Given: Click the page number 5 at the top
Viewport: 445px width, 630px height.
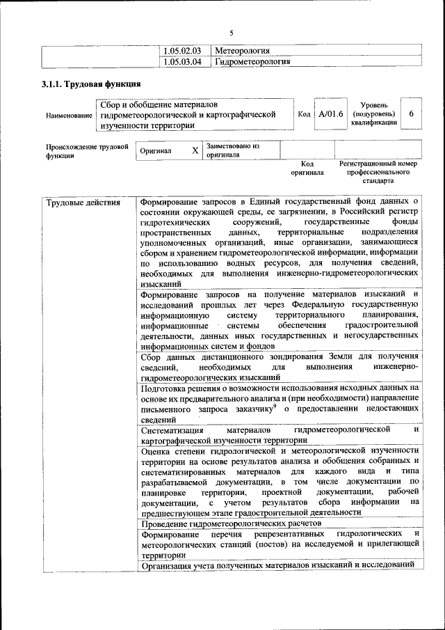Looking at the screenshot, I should [x=232, y=33].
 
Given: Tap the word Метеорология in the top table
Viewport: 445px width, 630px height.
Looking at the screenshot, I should [x=243, y=51].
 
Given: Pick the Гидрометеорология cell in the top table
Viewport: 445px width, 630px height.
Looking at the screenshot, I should [x=252, y=62].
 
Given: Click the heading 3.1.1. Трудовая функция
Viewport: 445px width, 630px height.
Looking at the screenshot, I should [x=87, y=86].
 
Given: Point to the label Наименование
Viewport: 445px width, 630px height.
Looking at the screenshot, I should [x=69, y=115].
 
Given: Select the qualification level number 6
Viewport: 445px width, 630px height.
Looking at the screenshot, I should [x=412, y=114].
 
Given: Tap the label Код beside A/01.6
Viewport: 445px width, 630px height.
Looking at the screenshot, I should [x=304, y=114].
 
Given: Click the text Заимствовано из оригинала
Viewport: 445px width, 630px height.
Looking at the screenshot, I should [x=232, y=150].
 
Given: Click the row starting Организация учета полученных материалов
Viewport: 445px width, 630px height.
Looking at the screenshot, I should [x=277, y=565].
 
